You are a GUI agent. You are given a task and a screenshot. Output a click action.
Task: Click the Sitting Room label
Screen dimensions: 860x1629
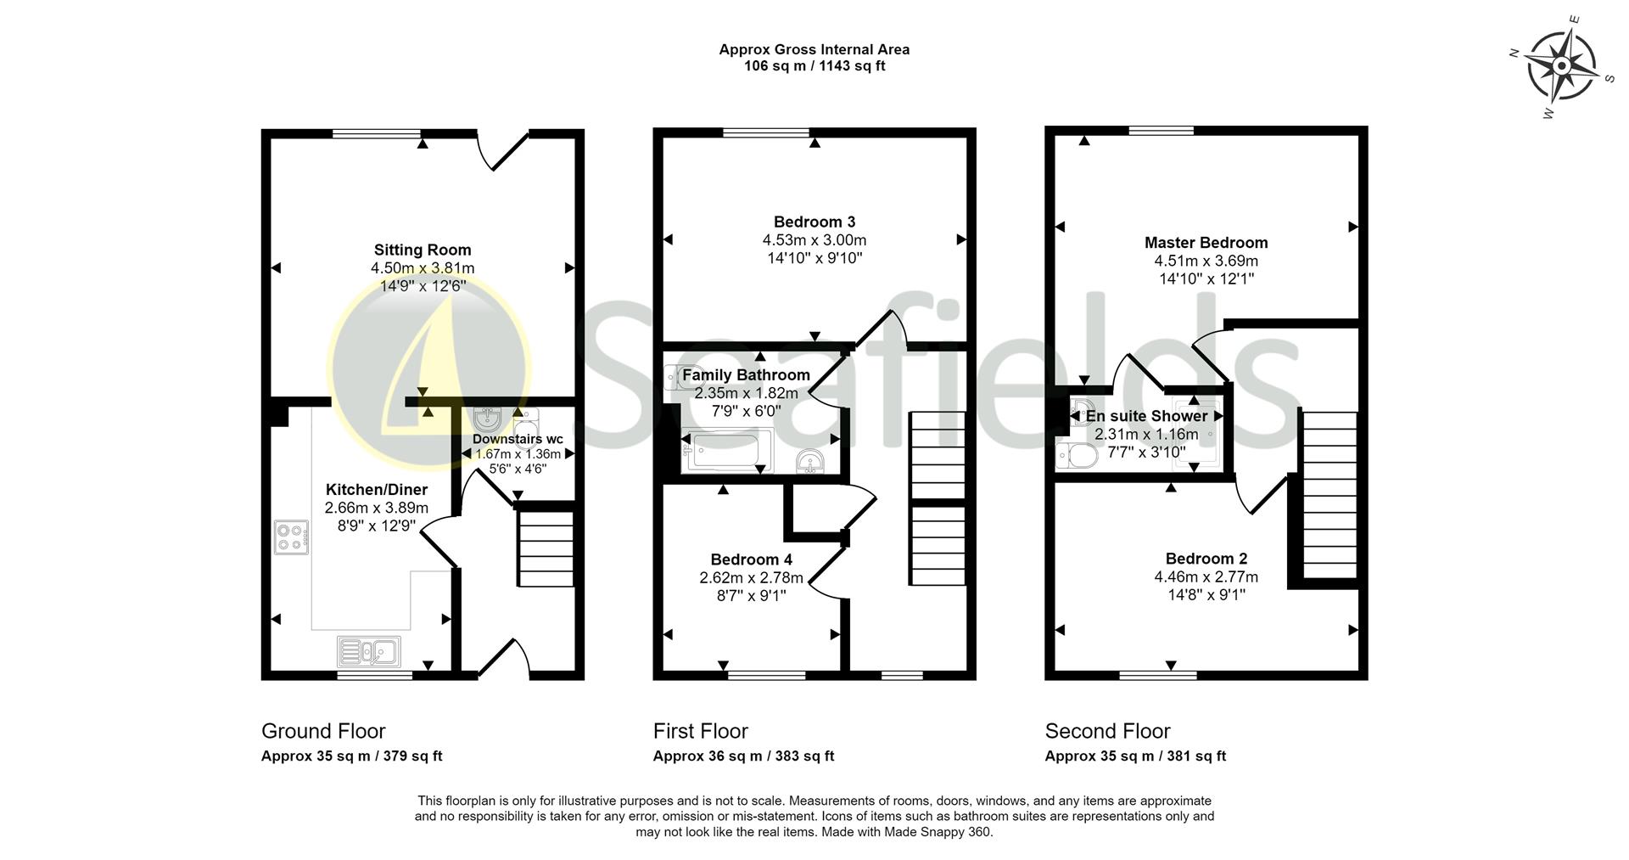point(423,250)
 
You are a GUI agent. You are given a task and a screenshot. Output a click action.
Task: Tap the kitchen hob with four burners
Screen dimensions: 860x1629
point(291,537)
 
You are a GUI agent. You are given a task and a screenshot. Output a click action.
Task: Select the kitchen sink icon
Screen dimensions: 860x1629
point(369,651)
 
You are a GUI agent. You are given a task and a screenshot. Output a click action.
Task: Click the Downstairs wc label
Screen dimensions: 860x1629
point(518,439)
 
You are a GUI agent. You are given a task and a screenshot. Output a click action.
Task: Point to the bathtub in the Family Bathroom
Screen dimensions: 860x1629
point(727,451)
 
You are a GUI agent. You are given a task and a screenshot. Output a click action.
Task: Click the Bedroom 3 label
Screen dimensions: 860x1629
point(814,222)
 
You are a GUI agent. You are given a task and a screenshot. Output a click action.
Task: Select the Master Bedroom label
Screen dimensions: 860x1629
point(1206,243)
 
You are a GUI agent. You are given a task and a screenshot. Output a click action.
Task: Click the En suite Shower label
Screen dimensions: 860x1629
point(1146,416)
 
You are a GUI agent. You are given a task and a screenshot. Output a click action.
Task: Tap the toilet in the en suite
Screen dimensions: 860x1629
point(1077,457)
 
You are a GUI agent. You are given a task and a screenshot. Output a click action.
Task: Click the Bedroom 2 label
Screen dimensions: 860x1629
point(1206,559)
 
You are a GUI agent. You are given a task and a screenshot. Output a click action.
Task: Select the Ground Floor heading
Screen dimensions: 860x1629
point(323,731)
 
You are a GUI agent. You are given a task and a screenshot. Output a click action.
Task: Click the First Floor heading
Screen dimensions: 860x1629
point(701,731)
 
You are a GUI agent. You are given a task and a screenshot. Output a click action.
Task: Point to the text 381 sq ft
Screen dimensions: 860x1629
point(1197,756)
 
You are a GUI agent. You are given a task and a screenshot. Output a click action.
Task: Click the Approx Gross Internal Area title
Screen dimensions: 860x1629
point(814,49)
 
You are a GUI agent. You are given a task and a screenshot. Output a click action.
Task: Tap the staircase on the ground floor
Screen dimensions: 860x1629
point(546,548)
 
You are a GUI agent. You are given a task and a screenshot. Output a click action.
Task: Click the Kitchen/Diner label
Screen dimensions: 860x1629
point(377,490)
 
